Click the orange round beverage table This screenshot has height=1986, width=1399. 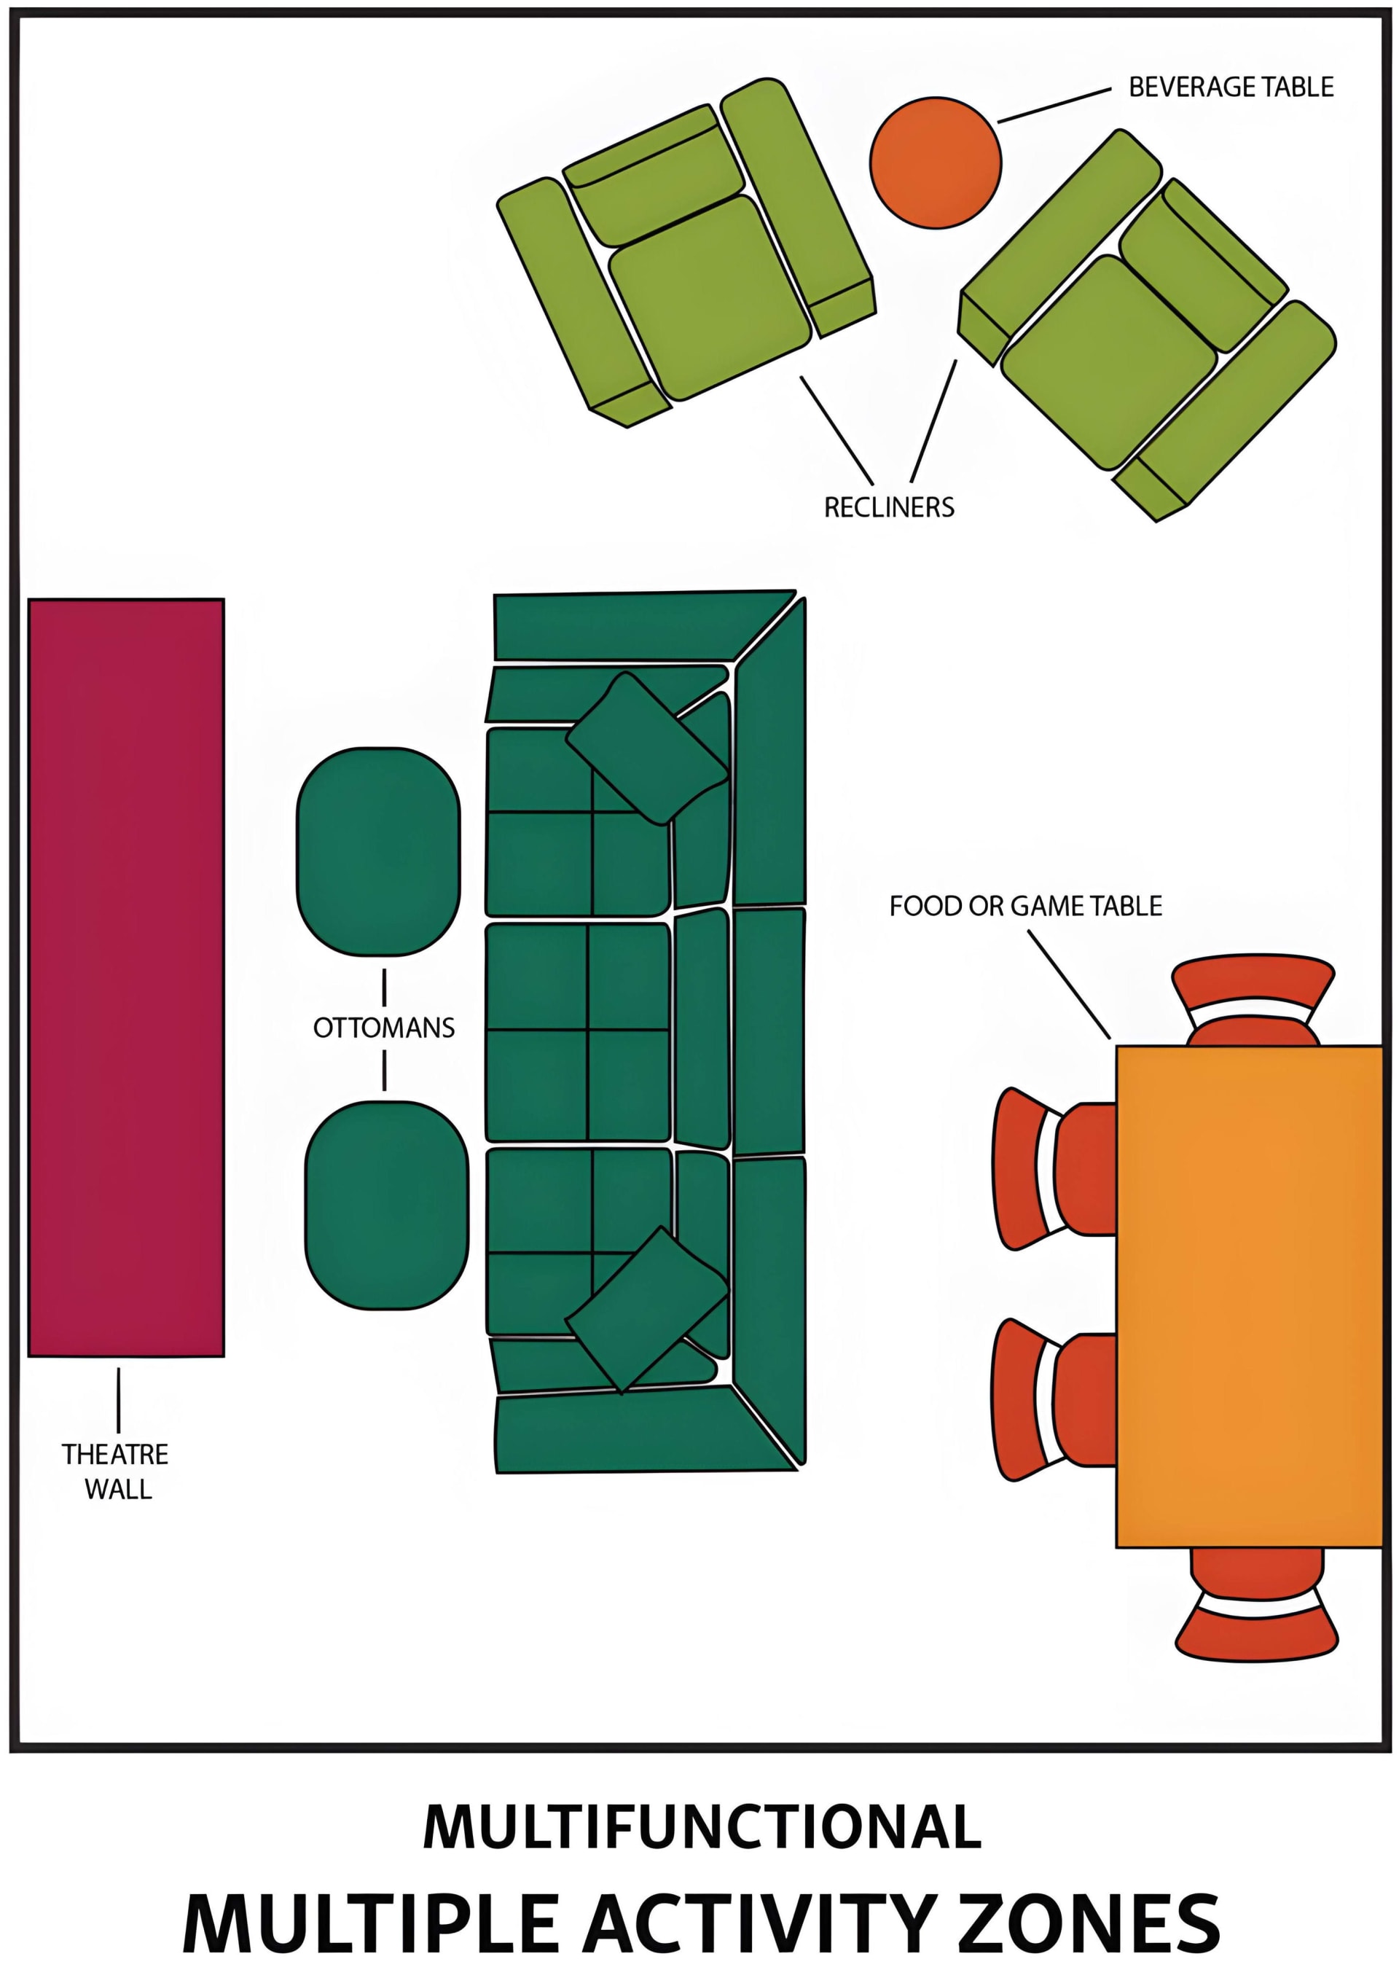935,163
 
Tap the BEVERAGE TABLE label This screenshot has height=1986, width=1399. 1231,87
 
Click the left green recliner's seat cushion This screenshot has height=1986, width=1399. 709,297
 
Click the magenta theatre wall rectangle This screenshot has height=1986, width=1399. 126,977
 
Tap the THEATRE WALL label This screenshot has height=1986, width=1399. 116,1471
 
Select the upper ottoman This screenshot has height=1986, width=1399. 378,851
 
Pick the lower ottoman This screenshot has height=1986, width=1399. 386,1204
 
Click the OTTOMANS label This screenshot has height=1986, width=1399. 384,1028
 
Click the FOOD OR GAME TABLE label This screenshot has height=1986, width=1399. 1024,906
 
